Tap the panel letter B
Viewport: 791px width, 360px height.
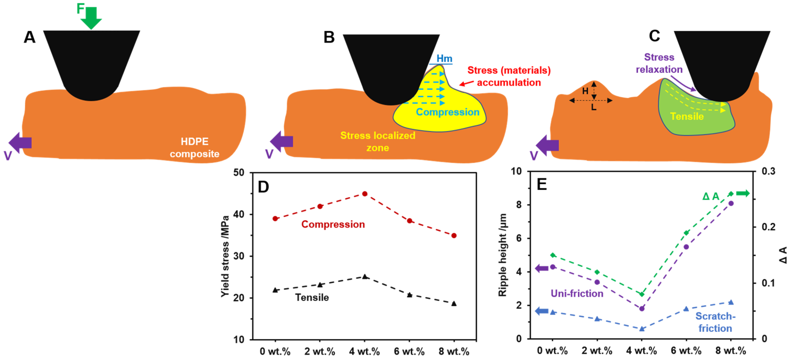click(x=329, y=37)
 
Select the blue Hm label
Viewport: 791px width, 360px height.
click(x=444, y=58)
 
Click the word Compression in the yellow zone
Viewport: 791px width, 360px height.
click(x=447, y=112)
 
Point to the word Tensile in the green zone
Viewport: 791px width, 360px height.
click(x=687, y=116)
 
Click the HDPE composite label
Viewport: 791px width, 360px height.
click(x=194, y=148)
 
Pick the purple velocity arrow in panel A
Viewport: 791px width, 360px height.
click(x=20, y=142)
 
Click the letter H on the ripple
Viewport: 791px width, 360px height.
click(x=585, y=91)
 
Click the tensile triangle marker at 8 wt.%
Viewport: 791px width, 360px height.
click(x=454, y=304)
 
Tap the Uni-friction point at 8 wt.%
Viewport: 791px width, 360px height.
click(x=731, y=203)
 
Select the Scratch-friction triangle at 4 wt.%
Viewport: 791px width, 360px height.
click(x=641, y=329)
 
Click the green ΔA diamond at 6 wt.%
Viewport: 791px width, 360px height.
click(x=686, y=233)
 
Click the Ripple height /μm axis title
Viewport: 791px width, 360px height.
click(x=502, y=255)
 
